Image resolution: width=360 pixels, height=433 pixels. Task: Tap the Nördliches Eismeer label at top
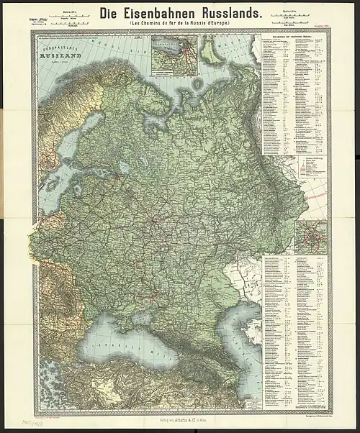pos(108,40)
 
